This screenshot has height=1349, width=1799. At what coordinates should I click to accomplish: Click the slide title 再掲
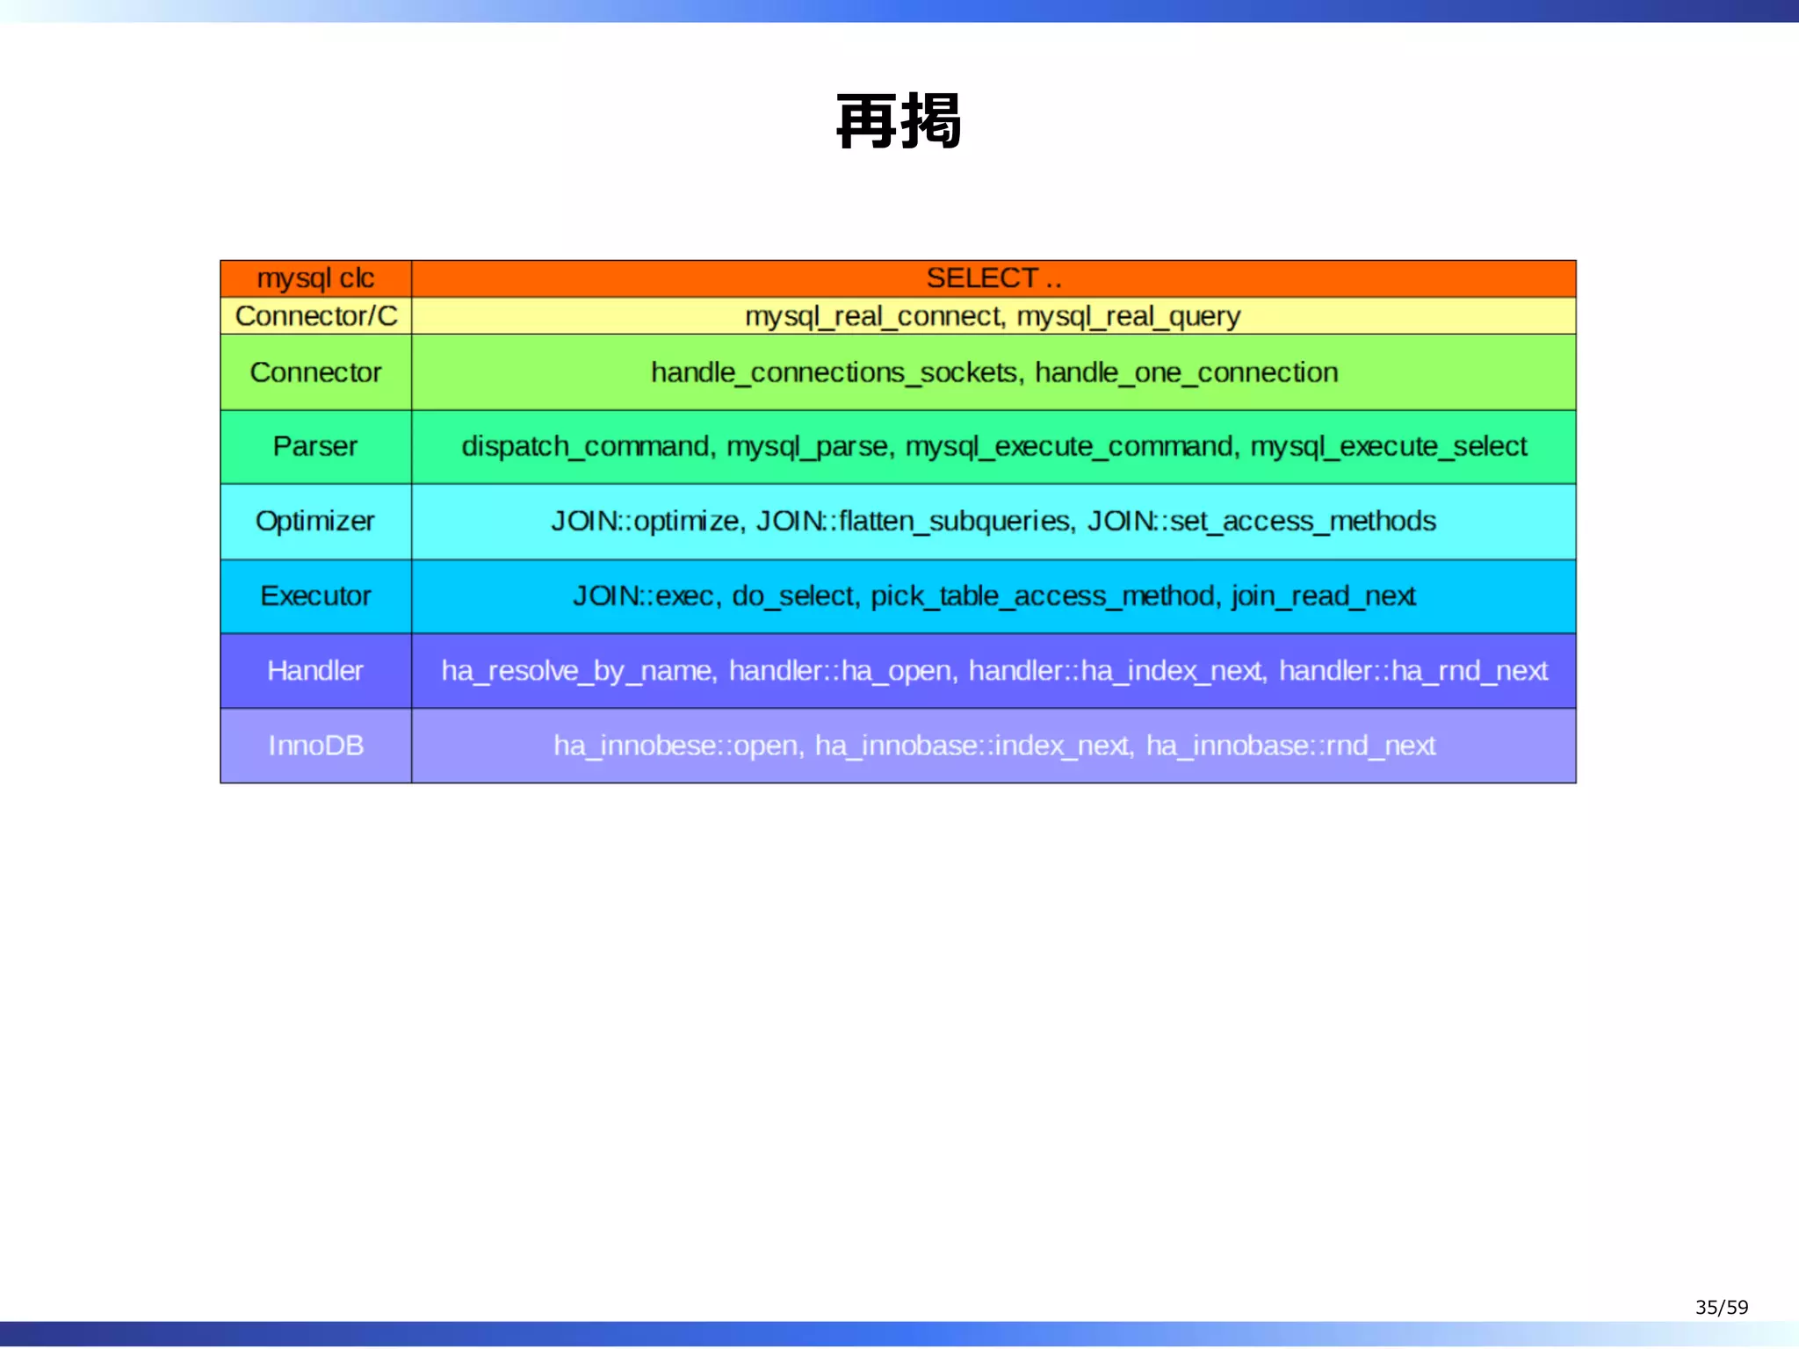pyautogui.click(x=899, y=122)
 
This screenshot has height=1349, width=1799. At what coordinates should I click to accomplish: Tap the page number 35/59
pyautogui.click(x=1721, y=1307)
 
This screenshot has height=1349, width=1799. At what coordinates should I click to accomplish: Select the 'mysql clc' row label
pyautogui.click(x=315, y=278)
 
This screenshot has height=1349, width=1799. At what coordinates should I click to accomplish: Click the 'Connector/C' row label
pyautogui.click(x=315, y=316)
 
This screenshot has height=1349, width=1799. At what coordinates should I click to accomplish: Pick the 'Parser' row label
pyautogui.click(x=315, y=446)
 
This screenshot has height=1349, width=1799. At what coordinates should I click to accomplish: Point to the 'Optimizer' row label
pyautogui.click(x=315, y=521)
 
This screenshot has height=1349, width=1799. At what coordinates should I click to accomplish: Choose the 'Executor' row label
pyautogui.click(x=315, y=595)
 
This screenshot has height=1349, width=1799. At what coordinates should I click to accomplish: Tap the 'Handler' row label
pyautogui.click(x=315, y=671)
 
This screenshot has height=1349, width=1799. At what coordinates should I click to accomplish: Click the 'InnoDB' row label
pyautogui.click(x=315, y=746)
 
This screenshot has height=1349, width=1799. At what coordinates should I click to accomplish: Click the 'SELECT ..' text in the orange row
pyautogui.click(x=993, y=278)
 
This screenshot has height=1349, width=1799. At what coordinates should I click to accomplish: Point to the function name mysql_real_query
pyautogui.click(x=1129, y=316)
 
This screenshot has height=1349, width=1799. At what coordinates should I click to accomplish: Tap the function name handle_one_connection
pyautogui.click(x=1186, y=372)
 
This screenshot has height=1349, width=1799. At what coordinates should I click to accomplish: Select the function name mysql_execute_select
pyautogui.click(x=1389, y=446)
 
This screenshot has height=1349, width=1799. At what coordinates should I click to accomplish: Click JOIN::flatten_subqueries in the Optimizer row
pyautogui.click(x=914, y=521)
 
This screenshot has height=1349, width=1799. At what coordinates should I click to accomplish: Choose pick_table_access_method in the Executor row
pyautogui.click(x=1044, y=595)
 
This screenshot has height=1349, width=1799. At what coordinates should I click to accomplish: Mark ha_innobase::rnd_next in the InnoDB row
pyautogui.click(x=1290, y=746)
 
